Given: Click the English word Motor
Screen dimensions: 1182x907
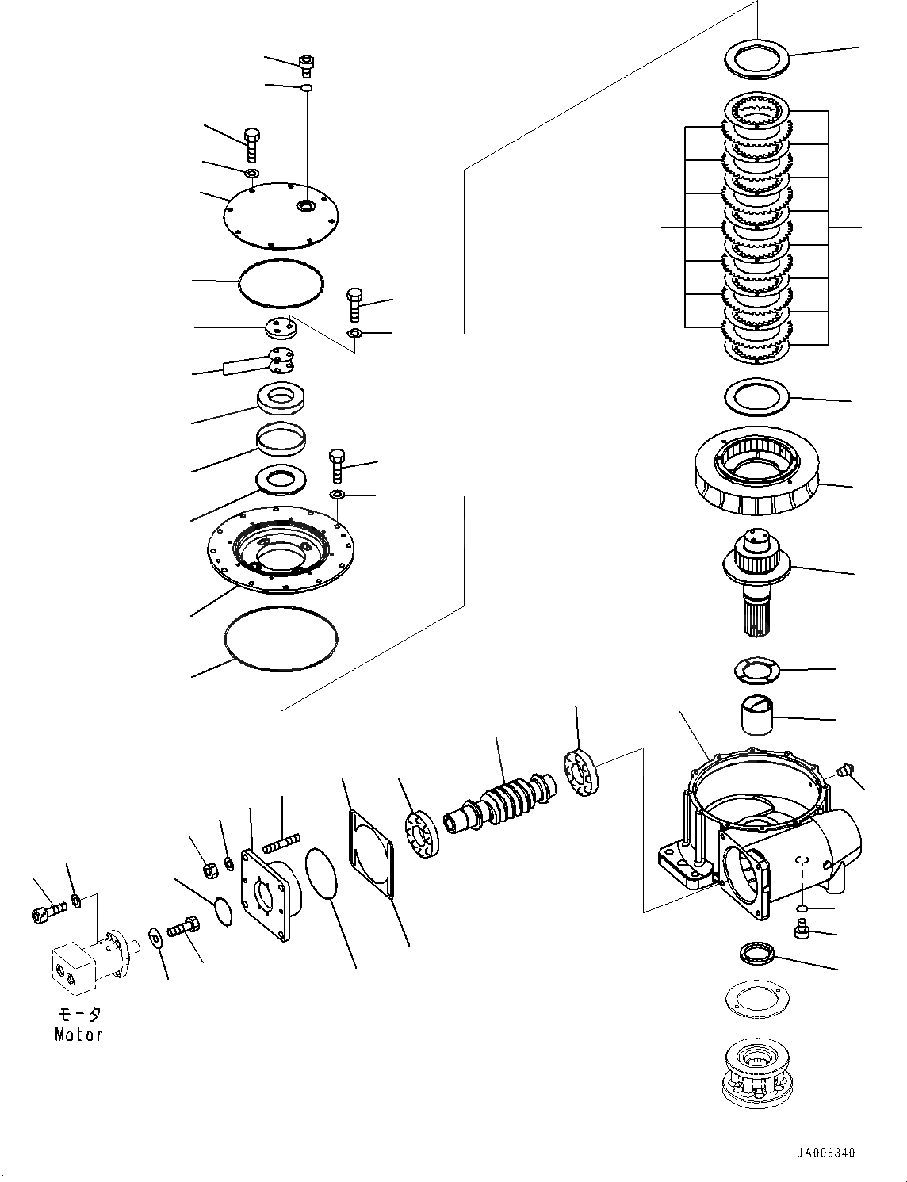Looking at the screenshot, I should point(78,1034).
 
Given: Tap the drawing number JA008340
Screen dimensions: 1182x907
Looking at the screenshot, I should point(826,1153).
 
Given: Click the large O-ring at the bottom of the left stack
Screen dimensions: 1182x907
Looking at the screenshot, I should point(281,639).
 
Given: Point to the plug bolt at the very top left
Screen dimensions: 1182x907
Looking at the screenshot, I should point(306,63).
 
